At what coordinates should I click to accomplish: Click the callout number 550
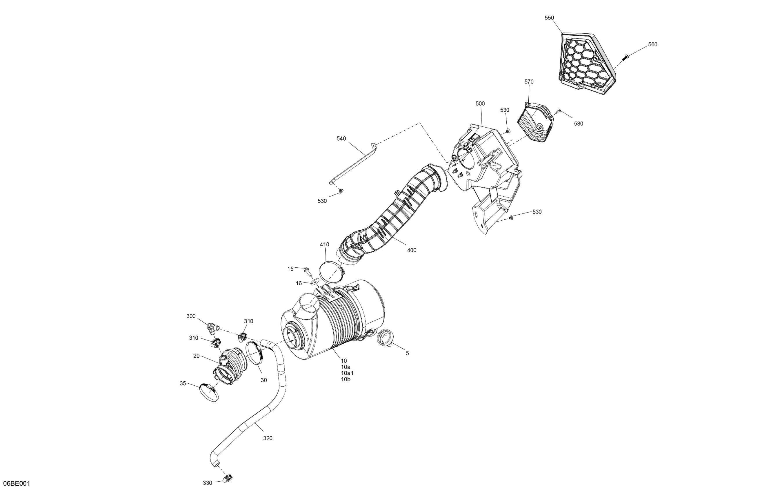click(x=549, y=18)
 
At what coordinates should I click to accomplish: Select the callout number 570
click(x=529, y=82)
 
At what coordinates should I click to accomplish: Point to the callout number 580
click(x=578, y=124)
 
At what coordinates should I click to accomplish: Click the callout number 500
click(x=480, y=104)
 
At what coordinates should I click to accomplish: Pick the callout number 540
click(x=341, y=139)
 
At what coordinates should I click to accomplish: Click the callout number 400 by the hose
click(x=412, y=251)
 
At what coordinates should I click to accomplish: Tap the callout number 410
click(x=324, y=245)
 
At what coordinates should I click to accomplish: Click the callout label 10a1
click(x=347, y=373)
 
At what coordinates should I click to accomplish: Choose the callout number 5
click(x=407, y=354)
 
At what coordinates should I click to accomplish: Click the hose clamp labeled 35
click(x=209, y=392)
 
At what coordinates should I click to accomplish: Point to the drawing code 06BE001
click(x=16, y=483)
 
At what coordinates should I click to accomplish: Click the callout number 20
click(x=197, y=356)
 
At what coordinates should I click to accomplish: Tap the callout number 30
click(x=264, y=380)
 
